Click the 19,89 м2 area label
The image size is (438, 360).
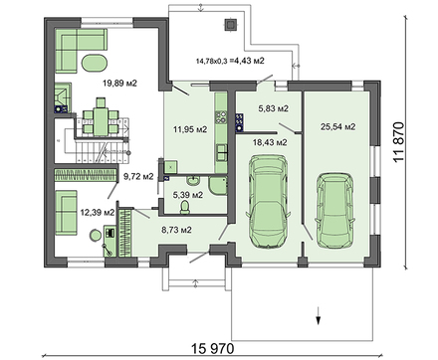[x=119, y=84]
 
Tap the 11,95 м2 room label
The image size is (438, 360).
[x=190, y=129]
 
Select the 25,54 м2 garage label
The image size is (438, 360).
[x=338, y=126]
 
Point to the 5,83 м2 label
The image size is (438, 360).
[x=273, y=108]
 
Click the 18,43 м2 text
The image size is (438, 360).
[x=270, y=142]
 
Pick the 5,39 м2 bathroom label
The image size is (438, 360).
[x=188, y=195]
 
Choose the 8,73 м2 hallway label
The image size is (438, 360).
[x=176, y=230]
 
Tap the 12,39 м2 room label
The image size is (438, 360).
[x=98, y=212]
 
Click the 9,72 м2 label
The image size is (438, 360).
[x=138, y=176]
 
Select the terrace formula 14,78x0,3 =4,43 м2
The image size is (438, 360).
[x=230, y=61]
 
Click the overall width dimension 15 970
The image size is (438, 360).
[x=213, y=348]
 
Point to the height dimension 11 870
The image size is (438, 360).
[x=399, y=142]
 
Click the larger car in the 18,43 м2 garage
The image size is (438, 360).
[x=268, y=201]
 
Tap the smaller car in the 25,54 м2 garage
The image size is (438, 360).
[x=334, y=210]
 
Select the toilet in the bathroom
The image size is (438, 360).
[x=185, y=207]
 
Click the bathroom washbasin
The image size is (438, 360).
[x=193, y=181]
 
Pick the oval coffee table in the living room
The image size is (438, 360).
[x=95, y=63]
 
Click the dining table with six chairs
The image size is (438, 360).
[x=101, y=117]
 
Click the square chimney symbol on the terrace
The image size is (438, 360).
[x=230, y=25]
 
